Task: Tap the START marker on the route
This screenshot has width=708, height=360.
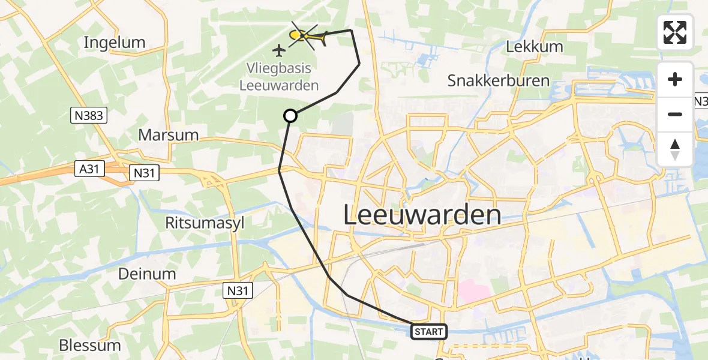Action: click(x=428, y=331)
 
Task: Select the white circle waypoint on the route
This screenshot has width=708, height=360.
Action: click(x=290, y=116)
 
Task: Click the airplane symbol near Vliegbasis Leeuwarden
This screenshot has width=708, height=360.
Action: click(x=279, y=50)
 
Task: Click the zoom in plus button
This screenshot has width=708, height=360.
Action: click(x=675, y=80)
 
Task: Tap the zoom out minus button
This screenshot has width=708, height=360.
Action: click(x=675, y=114)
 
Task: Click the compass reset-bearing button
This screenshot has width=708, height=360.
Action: click(x=675, y=149)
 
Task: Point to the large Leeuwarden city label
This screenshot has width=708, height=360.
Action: click(x=422, y=215)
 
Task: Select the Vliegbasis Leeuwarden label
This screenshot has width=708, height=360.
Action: click(x=278, y=77)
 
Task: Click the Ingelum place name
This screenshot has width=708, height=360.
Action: click(x=115, y=43)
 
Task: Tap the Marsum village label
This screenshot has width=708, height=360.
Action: click(x=168, y=135)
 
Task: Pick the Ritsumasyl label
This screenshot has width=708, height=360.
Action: click(x=205, y=223)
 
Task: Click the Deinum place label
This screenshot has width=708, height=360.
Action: click(x=147, y=274)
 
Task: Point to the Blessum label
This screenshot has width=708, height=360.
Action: click(x=90, y=346)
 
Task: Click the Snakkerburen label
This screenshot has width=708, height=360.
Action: click(x=498, y=81)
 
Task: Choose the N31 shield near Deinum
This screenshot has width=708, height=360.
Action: click(x=238, y=291)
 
